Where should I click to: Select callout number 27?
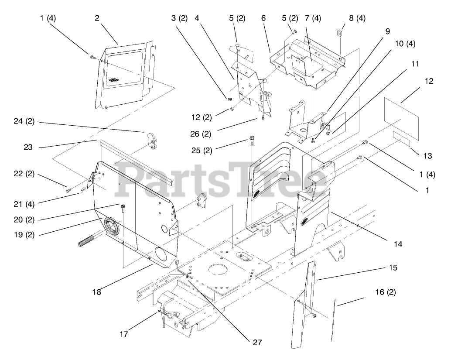coord(257,342)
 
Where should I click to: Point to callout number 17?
coord(124,335)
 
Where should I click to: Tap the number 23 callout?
coord(28,147)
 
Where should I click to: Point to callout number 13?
coord(427,156)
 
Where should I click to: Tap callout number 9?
coord(387,31)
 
